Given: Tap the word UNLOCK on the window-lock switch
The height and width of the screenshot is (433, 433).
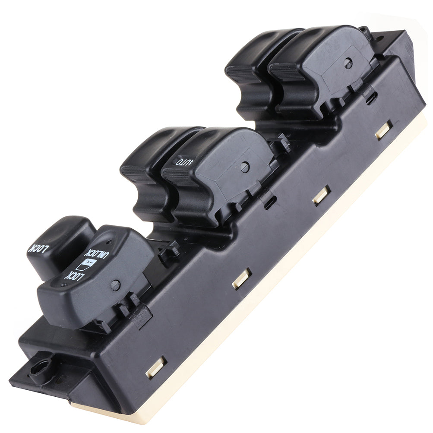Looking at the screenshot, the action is (x=97, y=254).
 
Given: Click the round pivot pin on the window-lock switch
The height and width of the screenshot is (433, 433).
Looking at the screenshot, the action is (x=116, y=285).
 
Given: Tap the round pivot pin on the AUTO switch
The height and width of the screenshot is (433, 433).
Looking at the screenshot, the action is (x=245, y=167).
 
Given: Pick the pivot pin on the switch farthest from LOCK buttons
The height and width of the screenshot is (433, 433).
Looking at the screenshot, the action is (x=348, y=63).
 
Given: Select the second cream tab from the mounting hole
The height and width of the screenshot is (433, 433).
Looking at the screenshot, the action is (x=242, y=278).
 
